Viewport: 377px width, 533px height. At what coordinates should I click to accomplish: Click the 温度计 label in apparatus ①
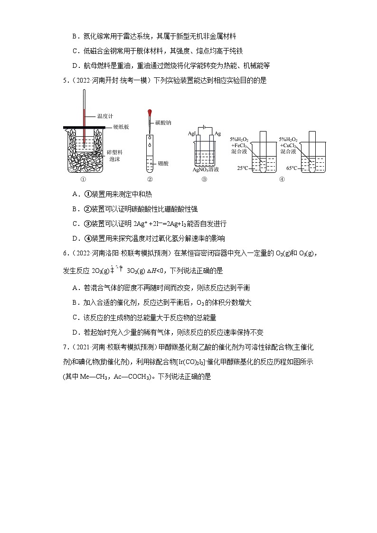[105, 115]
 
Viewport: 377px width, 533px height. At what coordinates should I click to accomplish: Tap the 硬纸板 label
[121, 127]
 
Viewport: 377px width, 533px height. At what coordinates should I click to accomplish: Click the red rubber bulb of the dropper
[150, 113]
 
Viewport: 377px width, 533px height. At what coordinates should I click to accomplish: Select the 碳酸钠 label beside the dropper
[163, 122]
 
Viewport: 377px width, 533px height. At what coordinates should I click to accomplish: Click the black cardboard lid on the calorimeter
[85, 127]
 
